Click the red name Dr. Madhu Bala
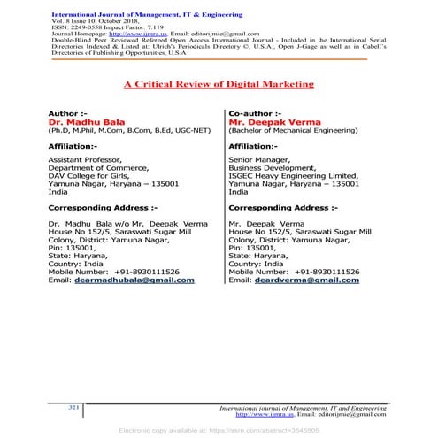point(81,123)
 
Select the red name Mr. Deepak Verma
point(268,123)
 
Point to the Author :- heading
point(67,114)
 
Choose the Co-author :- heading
point(254,114)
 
